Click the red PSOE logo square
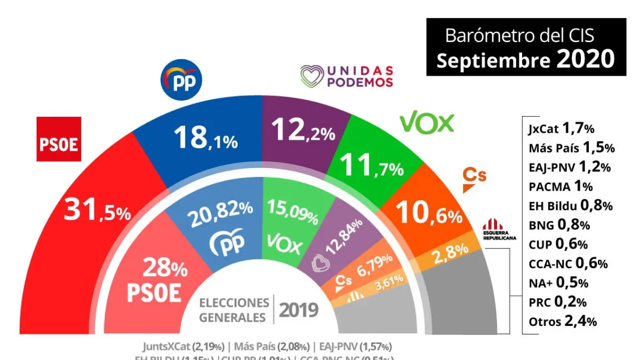tap(59, 139)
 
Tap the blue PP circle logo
tap(181, 80)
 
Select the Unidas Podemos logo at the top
tap(347, 76)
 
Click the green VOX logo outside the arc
tap(427, 123)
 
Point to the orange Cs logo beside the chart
tap(474, 180)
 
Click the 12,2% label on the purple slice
tap(303, 131)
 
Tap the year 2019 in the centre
tap(299, 309)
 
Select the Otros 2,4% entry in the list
tap(562, 321)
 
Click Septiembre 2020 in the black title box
tap(525, 60)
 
